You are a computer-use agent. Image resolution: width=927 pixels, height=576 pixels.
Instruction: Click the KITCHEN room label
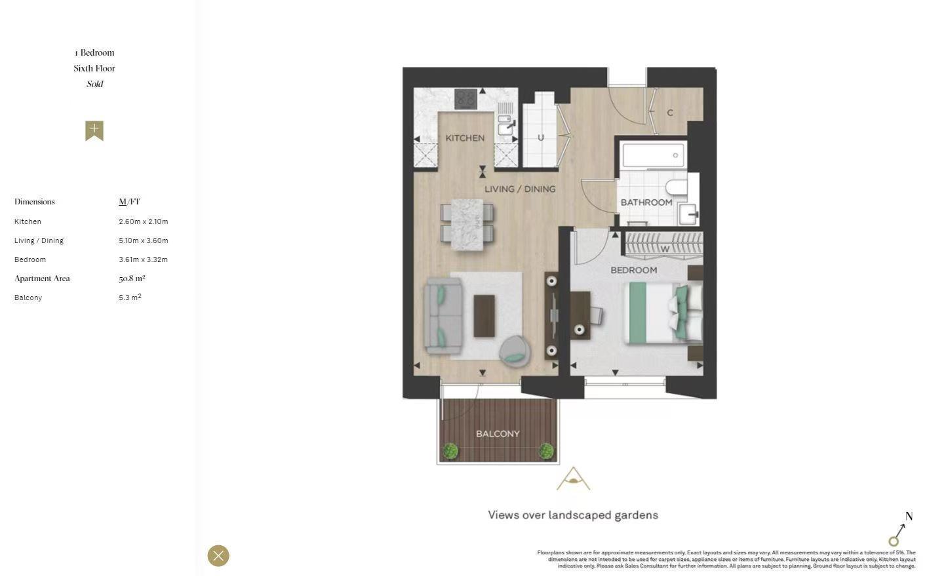[465, 138]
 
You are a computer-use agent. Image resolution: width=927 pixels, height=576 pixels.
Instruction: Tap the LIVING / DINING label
[520, 189]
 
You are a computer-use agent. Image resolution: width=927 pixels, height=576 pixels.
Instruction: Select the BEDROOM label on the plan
[633, 270]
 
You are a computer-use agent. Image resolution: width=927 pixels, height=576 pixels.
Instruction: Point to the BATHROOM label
[646, 202]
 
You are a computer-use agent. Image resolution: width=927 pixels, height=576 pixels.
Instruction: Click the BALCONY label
[498, 434]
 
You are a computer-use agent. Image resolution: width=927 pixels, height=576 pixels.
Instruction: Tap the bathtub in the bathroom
[653, 155]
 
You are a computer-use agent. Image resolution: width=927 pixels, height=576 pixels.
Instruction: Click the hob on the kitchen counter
[465, 99]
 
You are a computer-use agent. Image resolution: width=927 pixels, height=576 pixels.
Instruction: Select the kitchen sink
[505, 125]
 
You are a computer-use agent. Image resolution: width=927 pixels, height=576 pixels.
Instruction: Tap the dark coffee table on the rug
[484, 316]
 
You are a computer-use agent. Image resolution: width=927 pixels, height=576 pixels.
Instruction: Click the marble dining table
[467, 223]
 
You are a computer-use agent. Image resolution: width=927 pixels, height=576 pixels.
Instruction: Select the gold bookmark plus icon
[94, 130]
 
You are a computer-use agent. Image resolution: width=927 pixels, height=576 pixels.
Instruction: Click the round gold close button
[218, 556]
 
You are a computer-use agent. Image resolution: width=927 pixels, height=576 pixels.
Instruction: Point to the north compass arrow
[899, 532]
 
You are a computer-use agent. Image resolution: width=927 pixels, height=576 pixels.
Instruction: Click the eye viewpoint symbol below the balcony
[574, 480]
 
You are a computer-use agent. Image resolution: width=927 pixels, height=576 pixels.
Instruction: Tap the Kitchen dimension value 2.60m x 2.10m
[144, 221]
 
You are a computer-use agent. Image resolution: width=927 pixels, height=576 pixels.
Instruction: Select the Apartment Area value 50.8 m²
[132, 278]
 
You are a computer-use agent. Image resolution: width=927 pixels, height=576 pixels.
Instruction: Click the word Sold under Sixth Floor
[94, 84]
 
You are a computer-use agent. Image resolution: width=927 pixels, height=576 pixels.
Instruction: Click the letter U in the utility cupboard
[540, 138]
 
